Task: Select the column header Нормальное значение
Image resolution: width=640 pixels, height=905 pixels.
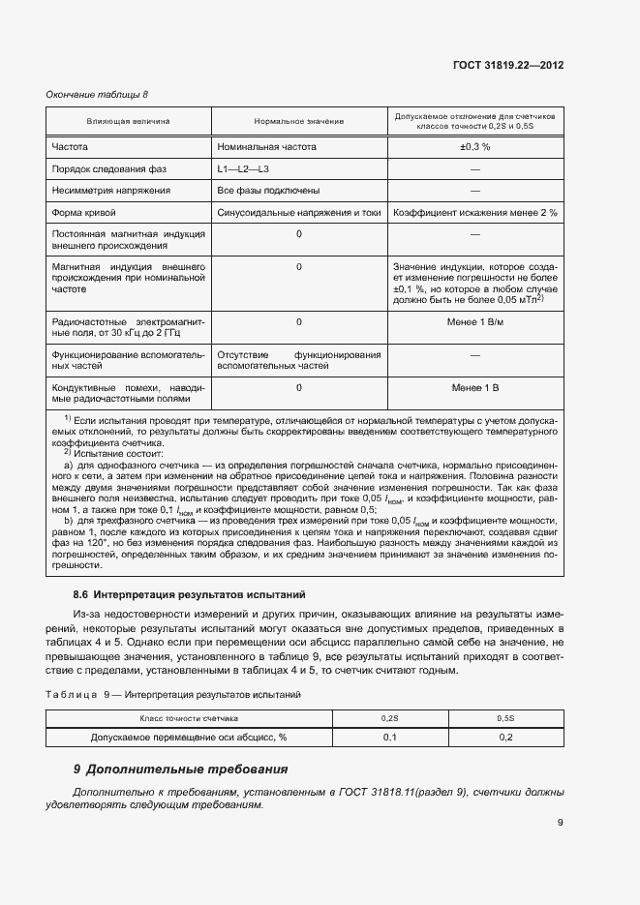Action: [299, 122]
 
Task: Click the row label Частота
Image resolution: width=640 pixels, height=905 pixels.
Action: [70, 147]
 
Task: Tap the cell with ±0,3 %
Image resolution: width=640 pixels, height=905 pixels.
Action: [474, 147]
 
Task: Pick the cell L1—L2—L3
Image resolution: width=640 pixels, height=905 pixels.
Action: [243, 169]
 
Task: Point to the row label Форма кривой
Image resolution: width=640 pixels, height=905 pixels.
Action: [84, 212]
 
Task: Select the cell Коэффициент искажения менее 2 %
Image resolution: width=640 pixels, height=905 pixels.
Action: [474, 212]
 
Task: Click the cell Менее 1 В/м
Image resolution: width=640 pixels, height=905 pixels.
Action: [474, 321]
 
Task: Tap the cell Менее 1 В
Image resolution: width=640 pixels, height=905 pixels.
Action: [474, 387]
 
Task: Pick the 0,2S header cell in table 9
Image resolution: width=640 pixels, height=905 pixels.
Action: [390, 719]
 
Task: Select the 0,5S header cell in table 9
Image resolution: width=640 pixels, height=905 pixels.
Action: [505, 719]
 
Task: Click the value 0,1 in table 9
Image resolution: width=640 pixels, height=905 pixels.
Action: [390, 738]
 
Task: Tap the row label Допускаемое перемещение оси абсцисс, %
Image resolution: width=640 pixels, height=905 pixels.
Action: [189, 738]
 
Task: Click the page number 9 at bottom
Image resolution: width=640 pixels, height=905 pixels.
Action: [560, 824]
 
